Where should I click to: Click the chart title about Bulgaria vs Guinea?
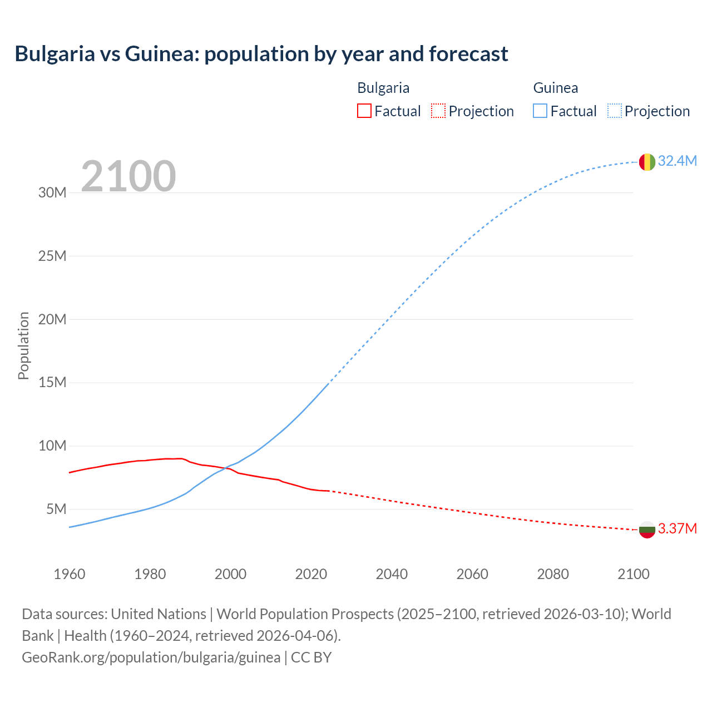(261, 54)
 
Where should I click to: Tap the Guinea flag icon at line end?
(647, 162)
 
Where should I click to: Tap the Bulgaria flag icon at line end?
(647, 530)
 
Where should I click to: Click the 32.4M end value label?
(677, 161)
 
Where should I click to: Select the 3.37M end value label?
(677, 528)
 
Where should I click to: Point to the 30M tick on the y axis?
(52, 193)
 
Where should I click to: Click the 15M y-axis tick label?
(52, 383)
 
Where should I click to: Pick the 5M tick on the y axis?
(56, 509)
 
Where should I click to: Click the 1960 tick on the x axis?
(70, 574)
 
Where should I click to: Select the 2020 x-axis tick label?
(311, 574)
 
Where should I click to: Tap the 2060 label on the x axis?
(472, 574)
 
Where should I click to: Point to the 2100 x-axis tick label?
(633, 574)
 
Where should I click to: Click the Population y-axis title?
(23, 345)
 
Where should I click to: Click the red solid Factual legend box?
(364, 111)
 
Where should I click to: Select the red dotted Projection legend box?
(438, 111)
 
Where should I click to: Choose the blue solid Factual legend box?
(540, 111)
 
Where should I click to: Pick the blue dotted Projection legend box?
(615, 111)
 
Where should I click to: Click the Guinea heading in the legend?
(555, 88)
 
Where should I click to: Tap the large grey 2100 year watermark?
(128, 176)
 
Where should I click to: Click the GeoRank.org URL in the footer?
(151, 657)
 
